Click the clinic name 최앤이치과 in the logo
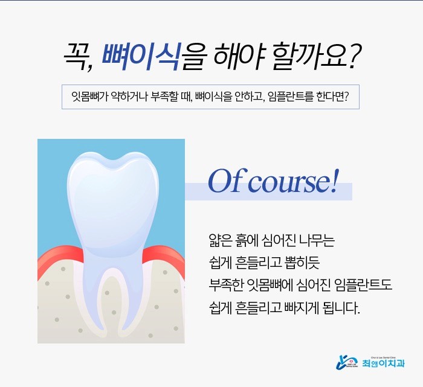[384, 363]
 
